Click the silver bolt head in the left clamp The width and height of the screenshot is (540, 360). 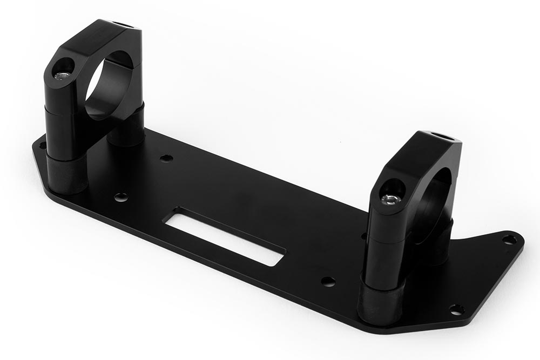(64, 74)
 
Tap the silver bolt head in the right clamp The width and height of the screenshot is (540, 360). (387, 200)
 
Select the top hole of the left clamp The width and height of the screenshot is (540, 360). (118, 24)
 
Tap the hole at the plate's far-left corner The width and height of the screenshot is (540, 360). (40, 144)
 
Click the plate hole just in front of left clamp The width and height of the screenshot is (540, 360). (121, 197)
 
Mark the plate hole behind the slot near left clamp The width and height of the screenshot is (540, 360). (167, 158)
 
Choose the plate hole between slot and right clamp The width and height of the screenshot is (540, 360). (328, 281)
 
